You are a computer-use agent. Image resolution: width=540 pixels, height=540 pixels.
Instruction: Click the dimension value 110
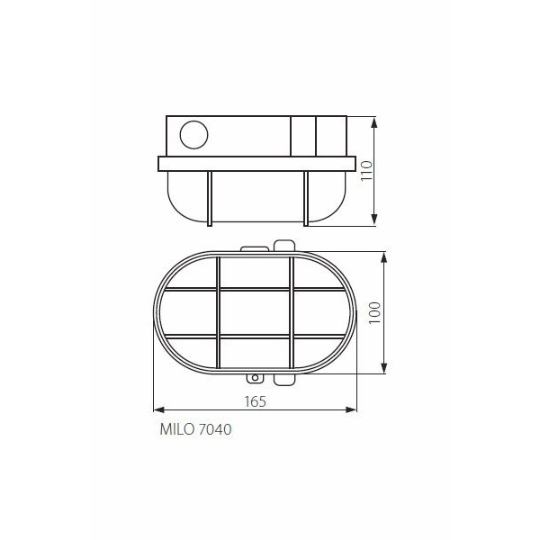(x=367, y=170)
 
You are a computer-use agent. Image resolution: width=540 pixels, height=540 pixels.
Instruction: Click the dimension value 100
(x=374, y=312)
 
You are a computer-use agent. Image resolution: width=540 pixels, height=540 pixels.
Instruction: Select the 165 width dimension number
(x=256, y=401)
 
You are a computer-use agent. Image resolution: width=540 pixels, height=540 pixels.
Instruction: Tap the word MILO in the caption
(x=177, y=429)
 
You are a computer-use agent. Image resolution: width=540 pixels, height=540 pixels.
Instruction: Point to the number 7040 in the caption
(x=215, y=429)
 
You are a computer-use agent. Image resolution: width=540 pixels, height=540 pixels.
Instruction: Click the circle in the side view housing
(x=193, y=135)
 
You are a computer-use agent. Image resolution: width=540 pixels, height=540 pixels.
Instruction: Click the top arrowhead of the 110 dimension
(x=374, y=121)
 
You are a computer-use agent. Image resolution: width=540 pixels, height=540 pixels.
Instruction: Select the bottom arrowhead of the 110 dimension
(x=374, y=220)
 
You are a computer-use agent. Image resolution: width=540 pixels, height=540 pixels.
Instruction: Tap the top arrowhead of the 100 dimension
(x=384, y=256)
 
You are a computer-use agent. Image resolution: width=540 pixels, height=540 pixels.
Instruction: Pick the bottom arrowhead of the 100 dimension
(x=384, y=368)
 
